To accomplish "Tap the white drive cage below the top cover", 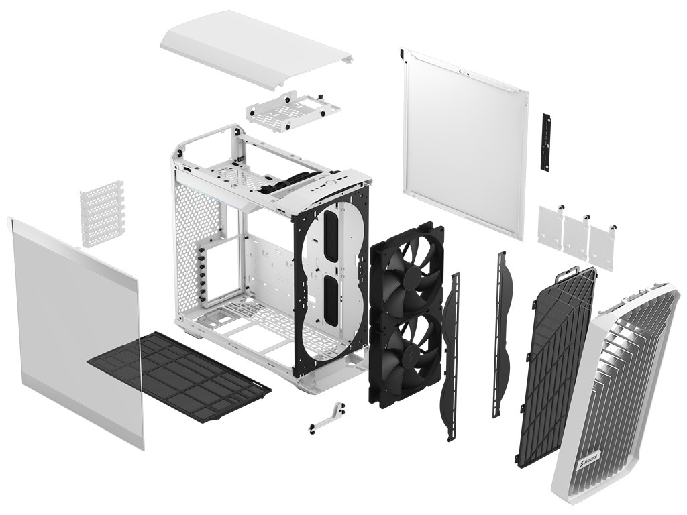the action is [293, 111].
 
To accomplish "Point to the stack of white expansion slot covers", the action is [102, 214].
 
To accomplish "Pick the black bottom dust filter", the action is [179, 378].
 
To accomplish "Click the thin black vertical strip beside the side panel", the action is [545, 142].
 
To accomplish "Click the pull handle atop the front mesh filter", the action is [569, 276].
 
